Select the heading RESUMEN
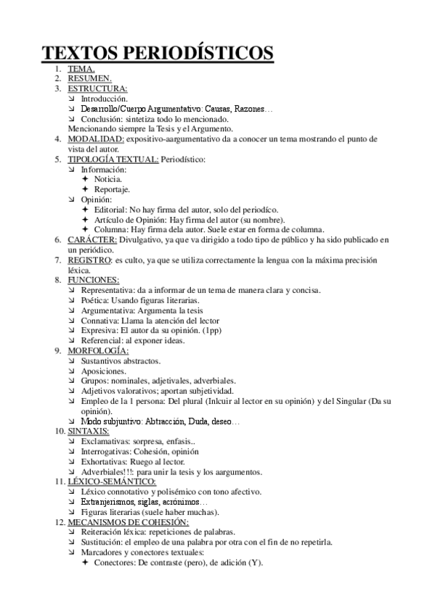89,78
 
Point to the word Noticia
108,178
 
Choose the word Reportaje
113,189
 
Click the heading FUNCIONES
94,279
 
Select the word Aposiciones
104,371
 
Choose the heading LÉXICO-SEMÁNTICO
111,482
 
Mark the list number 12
59,521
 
